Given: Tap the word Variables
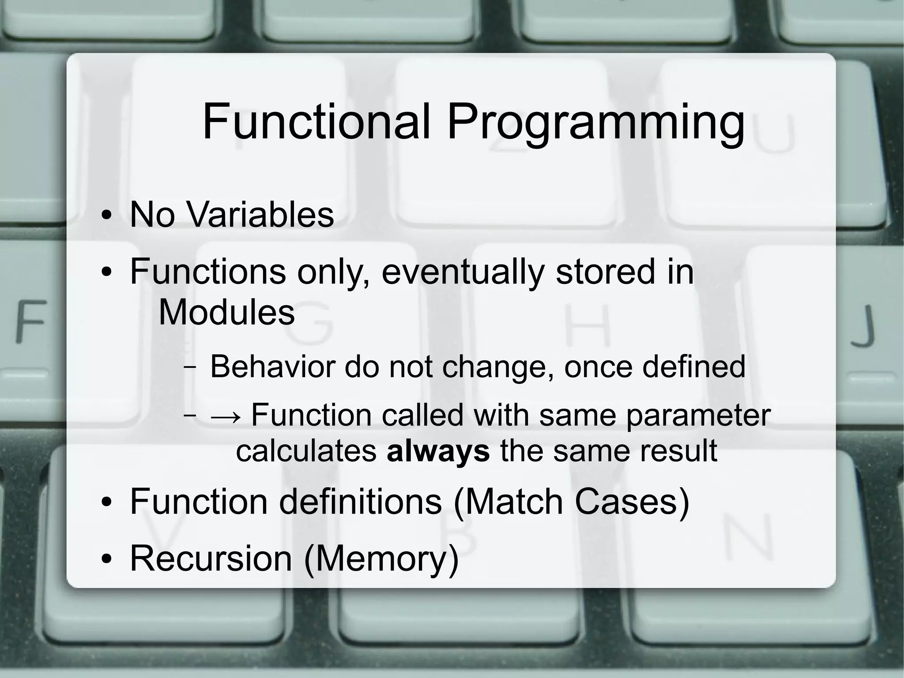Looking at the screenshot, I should (x=260, y=215).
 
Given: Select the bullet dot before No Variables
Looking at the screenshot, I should (x=106, y=216).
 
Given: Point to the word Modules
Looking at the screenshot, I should (x=226, y=312).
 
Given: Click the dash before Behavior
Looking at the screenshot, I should (x=190, y=367).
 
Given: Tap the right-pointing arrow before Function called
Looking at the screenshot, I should (x=226, y=416).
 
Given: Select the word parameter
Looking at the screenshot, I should (x=698, y=416).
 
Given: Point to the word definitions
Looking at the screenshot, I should (x=360, y=501).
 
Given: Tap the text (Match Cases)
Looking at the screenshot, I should (x=571, y=501).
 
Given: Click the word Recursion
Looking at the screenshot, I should (x=211, y=558).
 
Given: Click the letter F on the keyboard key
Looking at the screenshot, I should (x=30, y=321).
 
